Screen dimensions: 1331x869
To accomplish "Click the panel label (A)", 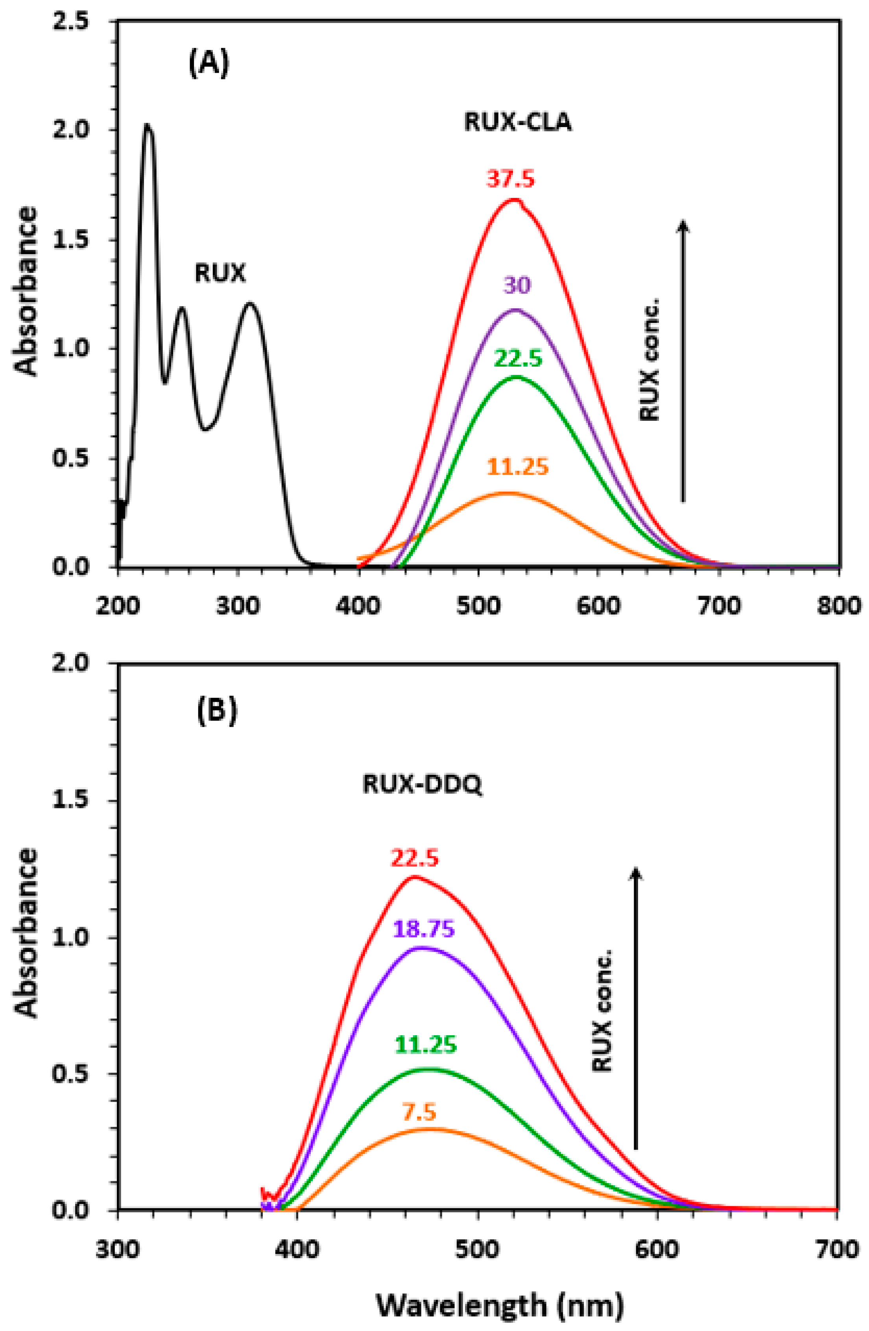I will [x=208, y=65].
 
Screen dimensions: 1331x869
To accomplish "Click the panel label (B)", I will [x=217, y=710].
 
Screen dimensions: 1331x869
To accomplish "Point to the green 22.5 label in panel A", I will [x=518, y=358].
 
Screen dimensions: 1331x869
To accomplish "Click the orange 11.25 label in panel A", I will [x=518, y=466].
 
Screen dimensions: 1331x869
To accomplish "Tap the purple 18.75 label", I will [x=423, y=929].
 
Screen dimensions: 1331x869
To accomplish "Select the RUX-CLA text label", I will [x=518, y=122].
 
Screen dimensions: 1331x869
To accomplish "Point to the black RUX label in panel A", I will [x=220, y=273].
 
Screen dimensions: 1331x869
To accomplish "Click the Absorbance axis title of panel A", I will [x=26, y=291].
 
